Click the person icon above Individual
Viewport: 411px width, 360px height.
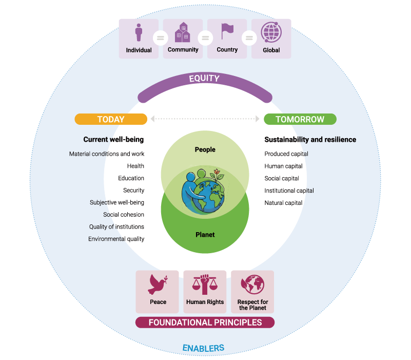[139, 32]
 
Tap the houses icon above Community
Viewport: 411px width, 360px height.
[183, 32]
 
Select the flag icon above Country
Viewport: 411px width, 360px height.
[227, 31]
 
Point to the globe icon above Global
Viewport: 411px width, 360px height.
[271, 32]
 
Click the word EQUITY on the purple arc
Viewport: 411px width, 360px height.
[204, 78]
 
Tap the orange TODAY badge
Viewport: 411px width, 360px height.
[111, 119]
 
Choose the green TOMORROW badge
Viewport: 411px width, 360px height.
[300, 119]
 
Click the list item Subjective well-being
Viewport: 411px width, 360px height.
[117, 202]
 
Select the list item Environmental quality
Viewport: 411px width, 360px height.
[116, 239]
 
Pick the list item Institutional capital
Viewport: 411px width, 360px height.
[289, 191]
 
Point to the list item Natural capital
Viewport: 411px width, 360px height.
[283, 203]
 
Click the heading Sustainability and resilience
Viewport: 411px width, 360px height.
[310, 140]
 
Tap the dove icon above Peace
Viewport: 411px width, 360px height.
[158, 285]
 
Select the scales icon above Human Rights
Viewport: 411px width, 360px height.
[205, 285]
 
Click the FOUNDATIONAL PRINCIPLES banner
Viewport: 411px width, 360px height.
[205, 323]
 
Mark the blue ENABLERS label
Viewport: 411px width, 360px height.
[203, 348]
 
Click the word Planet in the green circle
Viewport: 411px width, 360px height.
[205, 235]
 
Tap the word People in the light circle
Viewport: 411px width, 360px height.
[205, 149]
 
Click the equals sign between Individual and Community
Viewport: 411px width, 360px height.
[161, 38]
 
